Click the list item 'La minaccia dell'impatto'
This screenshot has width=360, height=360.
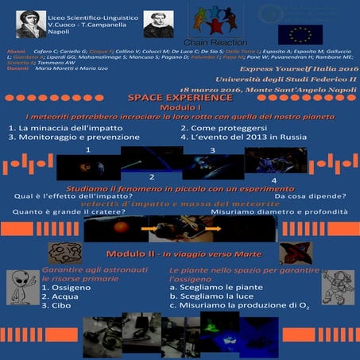pyautogui.click(x=53, y=127)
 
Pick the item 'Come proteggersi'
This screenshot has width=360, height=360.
pyautogui.click(x=218, y=127)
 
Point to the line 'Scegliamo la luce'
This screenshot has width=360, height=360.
pyautogui.click(x=209, y=303)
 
